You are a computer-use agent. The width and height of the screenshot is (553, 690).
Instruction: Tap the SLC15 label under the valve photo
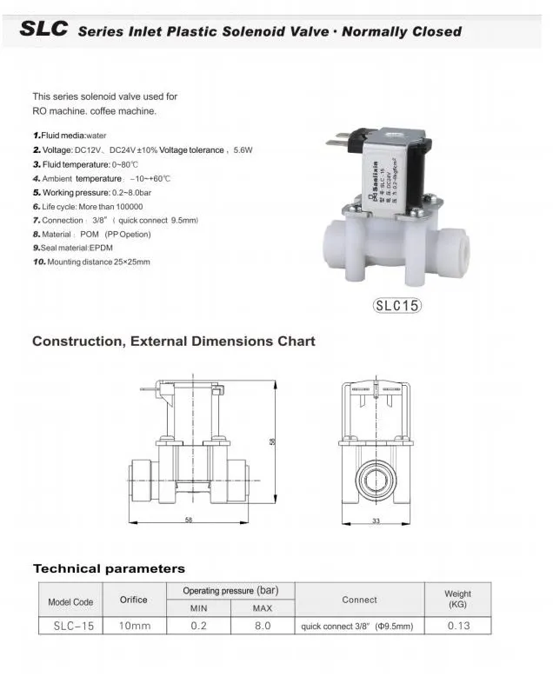396,306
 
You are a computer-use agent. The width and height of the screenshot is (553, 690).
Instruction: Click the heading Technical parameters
109,569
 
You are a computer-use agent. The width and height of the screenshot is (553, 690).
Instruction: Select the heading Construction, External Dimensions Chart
173,342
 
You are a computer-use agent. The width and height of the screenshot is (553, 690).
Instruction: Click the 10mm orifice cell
133,626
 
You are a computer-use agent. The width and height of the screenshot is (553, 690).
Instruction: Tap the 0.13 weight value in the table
457,626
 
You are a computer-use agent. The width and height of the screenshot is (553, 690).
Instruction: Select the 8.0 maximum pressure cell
262,626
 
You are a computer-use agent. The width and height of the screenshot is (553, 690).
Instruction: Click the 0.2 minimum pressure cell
198,626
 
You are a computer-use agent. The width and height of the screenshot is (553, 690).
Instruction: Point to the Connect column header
359,600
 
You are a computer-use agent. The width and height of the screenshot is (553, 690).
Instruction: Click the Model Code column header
70,601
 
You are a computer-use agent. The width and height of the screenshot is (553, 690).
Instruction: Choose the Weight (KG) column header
457,599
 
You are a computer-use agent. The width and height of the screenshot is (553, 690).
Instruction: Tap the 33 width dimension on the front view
376,521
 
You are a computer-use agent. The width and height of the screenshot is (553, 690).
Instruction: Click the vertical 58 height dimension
272,441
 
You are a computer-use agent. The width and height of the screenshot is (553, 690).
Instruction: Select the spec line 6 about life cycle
87,207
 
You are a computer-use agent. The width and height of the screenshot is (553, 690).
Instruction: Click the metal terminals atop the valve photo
343,139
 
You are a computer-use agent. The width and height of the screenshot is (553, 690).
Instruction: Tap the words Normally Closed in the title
402,31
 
